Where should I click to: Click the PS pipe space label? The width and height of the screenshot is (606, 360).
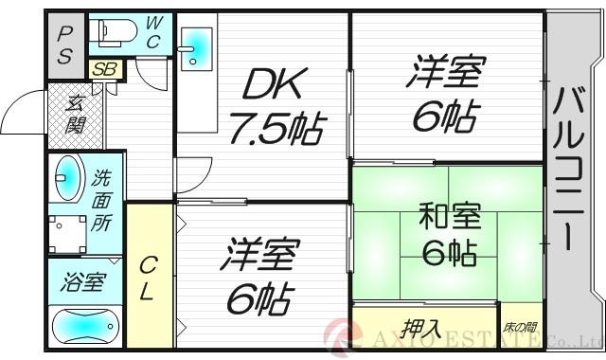pyautogui.click(x=64, y=45)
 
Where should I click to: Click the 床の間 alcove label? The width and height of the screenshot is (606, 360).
pyautogui.click(x=521, y=329)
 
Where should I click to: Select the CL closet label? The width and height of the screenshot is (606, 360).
pyautogui.click(x=148, y=278)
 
